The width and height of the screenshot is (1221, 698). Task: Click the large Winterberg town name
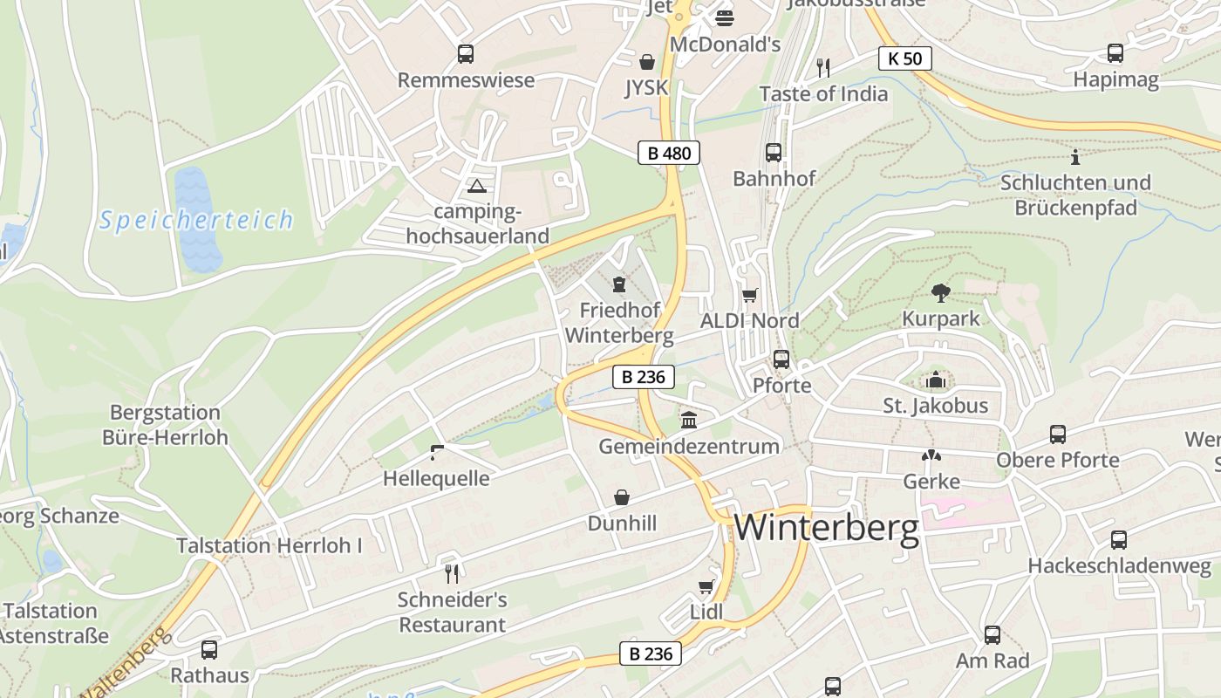tap(827, 528)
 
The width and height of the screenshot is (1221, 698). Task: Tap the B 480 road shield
tap(669, 154)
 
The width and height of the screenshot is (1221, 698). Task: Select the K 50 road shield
tap(904, 58)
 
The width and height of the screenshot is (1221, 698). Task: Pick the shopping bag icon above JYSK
tap(647, 62)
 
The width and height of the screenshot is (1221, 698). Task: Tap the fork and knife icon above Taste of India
tap(822, 67)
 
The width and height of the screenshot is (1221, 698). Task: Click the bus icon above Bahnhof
tap(774, 153)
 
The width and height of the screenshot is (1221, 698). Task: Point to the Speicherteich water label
tap(196, 220)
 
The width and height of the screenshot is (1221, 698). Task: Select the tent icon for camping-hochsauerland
tap(476, 186)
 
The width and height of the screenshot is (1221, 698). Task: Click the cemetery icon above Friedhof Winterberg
tap(619, 284)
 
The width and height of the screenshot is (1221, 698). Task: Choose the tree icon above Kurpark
tap(940, 292)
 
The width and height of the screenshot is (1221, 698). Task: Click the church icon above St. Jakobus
tap(936, 380)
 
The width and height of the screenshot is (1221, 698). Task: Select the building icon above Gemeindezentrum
tap(689, 421)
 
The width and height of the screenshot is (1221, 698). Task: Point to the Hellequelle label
tap(436, 478)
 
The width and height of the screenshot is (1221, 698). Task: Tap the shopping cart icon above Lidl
tap(706, 586)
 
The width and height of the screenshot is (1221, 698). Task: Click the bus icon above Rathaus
tap(209, 650)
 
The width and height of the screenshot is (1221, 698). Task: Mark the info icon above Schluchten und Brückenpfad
tap(1075, 157)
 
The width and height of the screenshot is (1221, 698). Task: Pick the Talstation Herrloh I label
tap(269, 546)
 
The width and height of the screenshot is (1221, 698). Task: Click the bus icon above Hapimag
tap(1115, 53)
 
